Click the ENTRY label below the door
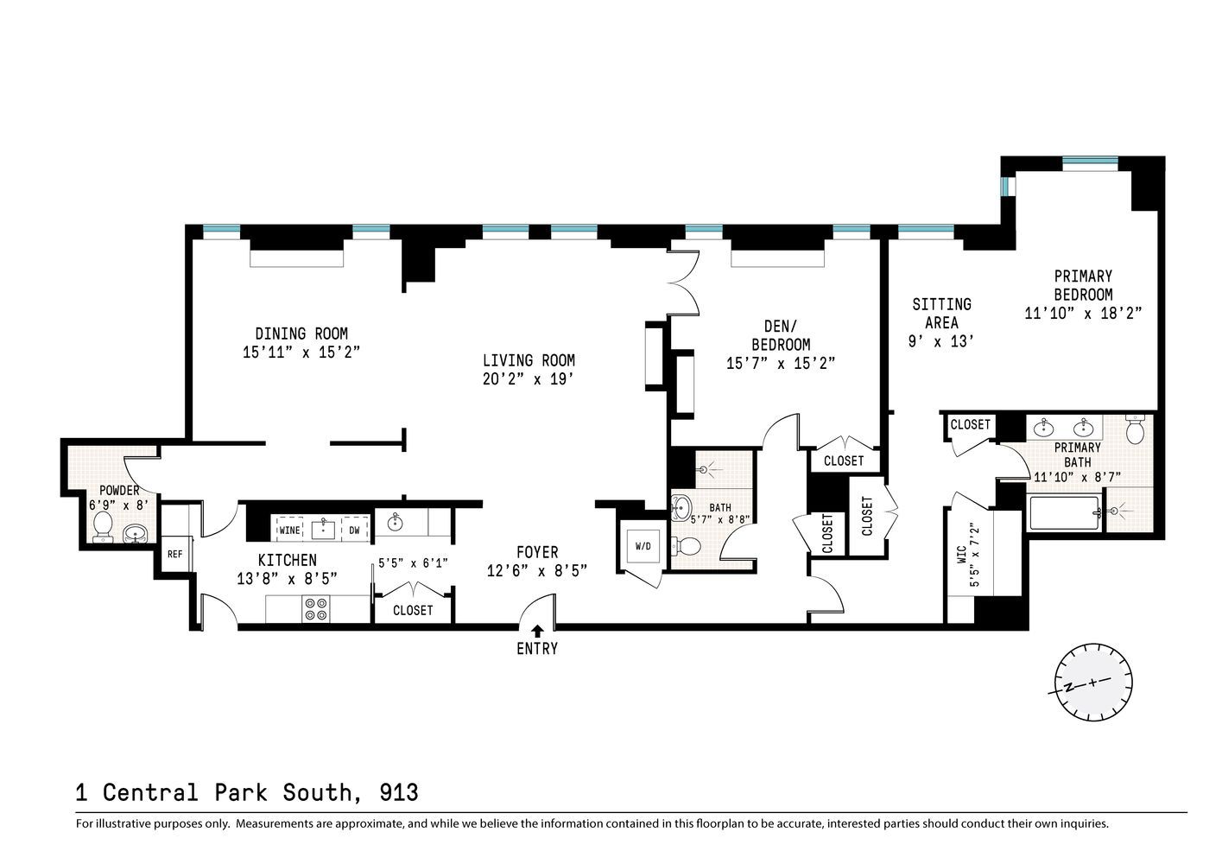537,648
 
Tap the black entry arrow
537,632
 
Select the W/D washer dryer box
643,546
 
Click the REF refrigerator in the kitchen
174,554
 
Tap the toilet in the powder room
103,526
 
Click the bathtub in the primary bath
1065,513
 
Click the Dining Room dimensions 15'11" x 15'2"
301,353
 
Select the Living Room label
529,360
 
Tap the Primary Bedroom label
1083,285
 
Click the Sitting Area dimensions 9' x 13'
942,341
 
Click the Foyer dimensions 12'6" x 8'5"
537,570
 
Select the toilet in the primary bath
1136,429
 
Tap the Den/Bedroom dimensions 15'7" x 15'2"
781,364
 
